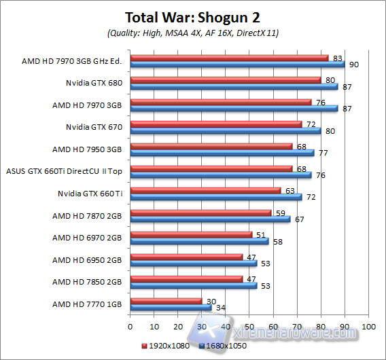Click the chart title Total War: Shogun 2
(x=193, y=18)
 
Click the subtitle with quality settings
(x=193, y=33)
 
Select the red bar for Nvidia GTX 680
(x=225, y=80)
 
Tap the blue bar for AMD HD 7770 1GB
(x=171, y=307)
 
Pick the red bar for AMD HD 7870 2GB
(x=200, y=213)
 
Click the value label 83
(x=338, y=58)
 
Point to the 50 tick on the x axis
(x=249, y=326)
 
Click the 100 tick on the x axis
(x=368, y=326)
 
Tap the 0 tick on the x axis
(x=130, y=326)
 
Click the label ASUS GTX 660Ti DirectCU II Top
(x=64, y=172)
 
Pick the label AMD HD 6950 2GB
(x=88, y=259)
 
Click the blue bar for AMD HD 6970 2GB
(x=199, y=241)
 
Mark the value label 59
(x=281, y=212)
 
